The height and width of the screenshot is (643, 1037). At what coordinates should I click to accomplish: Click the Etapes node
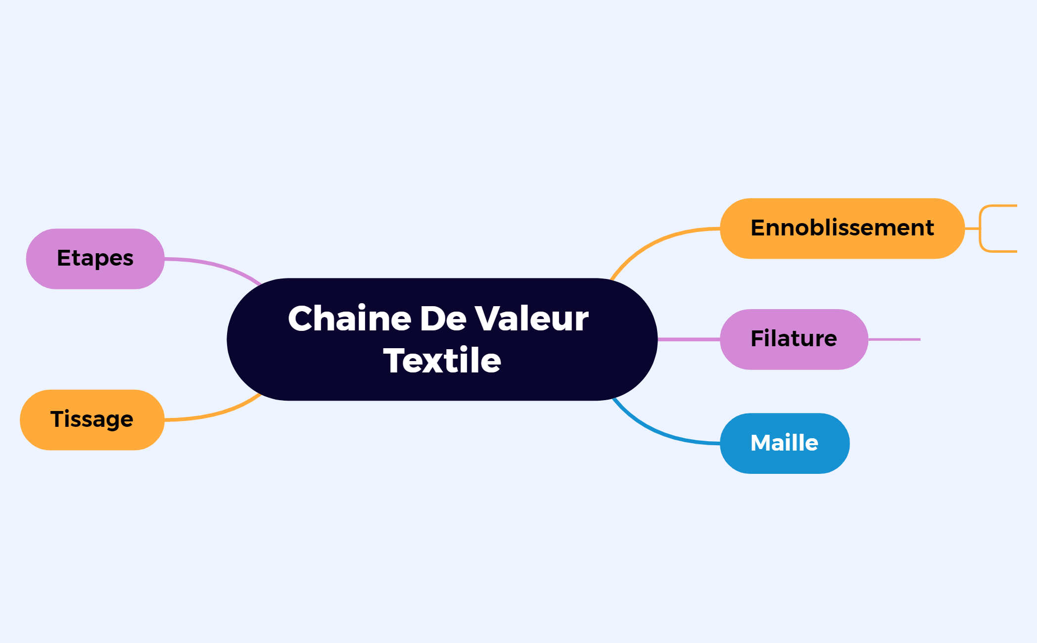click(95, 259)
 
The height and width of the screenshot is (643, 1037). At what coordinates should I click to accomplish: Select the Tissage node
click(92, 420)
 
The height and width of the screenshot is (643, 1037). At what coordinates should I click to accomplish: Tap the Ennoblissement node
click(842, 229)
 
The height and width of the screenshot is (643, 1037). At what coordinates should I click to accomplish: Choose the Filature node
click(794, 339)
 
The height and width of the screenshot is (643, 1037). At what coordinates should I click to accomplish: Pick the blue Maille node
click(785, 443)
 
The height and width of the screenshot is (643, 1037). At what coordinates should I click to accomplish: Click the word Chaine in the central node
click(349, 319)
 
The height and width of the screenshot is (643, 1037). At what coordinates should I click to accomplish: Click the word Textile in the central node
click(442, 361)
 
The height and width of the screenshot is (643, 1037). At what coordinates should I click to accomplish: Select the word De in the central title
click(443, 319)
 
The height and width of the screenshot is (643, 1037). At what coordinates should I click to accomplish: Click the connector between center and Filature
click(689, 339)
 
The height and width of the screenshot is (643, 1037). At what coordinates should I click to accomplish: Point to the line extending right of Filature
click(895, 339)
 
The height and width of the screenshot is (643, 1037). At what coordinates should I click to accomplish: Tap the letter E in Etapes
click(64, 258)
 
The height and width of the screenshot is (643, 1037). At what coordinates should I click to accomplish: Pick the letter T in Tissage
click(57, 419)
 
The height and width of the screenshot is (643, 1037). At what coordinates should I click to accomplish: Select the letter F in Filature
click(757, 339)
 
